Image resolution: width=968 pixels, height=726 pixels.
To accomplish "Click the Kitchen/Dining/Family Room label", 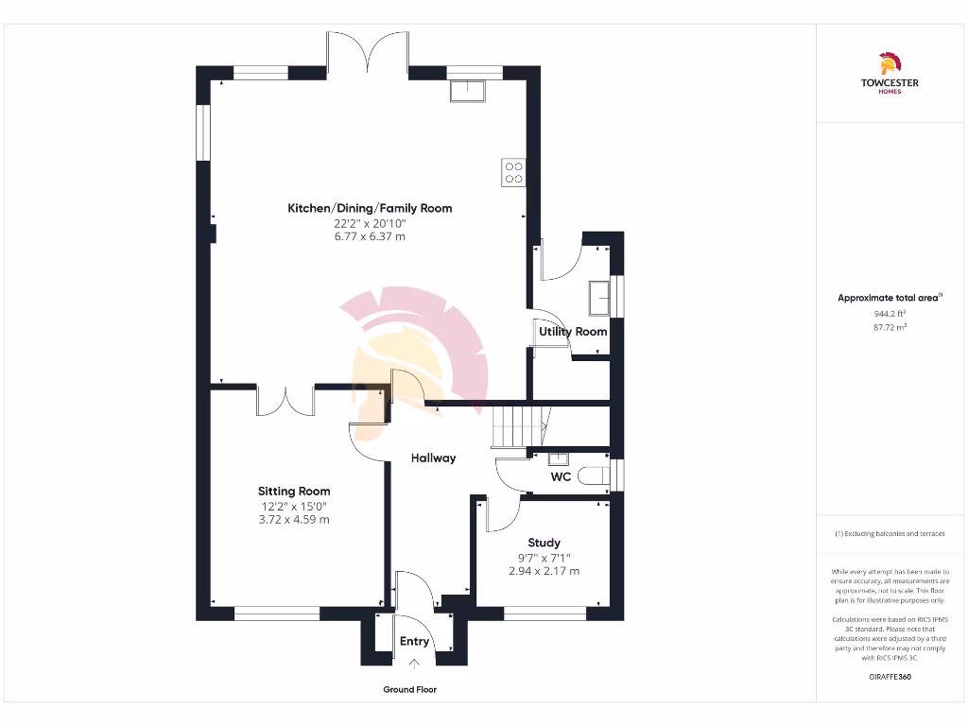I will [370, 208].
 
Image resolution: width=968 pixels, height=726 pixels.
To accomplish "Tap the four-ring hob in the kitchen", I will [514, 172].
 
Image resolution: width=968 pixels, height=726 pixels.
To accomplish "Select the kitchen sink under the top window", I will [468, 90].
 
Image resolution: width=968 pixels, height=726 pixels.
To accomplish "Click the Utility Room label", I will [573, 332].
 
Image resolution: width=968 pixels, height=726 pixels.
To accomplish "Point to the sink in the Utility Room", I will [598, 298].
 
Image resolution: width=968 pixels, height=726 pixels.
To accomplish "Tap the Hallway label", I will [433, 458].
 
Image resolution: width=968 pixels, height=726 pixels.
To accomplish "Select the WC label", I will [561, 477].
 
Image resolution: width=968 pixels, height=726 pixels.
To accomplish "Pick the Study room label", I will [544, 543].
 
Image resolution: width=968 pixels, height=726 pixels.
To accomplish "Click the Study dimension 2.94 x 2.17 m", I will [544, 571].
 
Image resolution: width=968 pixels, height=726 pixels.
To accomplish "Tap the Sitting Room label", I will [294, 492].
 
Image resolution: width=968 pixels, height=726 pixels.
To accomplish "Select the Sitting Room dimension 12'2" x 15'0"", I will [294, 506].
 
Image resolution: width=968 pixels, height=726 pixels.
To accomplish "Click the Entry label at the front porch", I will [414, 641].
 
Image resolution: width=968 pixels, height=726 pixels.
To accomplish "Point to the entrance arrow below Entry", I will [414, 665].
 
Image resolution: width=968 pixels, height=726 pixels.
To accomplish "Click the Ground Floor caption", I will [409, 690].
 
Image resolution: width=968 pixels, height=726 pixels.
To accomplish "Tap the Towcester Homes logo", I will [889, 74].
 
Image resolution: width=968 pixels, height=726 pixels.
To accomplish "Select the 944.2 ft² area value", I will [889, 313].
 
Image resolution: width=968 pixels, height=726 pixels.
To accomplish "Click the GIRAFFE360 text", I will [889, 677].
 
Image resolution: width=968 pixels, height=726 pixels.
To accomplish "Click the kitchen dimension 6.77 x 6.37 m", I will [370, 236].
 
